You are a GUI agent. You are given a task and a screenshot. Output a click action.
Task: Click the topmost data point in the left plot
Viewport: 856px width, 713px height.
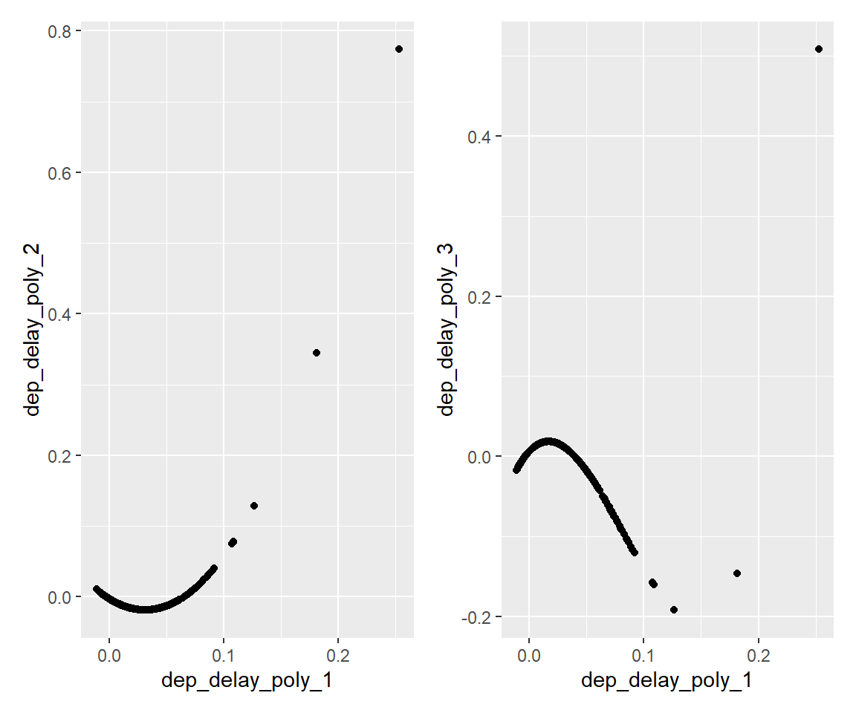point(399,49)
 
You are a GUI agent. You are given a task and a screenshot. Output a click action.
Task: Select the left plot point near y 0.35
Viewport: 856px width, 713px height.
point(317,353)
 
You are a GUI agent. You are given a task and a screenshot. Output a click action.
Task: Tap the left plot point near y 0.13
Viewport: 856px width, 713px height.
point(254,506)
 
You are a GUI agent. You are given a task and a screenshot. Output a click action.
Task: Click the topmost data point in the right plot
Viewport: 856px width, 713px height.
point(819,49)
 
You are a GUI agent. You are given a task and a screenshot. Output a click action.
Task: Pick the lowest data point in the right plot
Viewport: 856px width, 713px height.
point(674,610)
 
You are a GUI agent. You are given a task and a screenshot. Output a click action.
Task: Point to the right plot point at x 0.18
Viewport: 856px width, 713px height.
point(737,573)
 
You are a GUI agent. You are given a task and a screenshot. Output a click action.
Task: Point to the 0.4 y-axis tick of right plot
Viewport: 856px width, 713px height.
point(481,137)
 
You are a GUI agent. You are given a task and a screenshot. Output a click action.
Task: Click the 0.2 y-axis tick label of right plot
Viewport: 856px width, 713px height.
point(481,296)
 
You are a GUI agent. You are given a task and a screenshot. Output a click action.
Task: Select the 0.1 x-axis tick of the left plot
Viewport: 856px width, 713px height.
point(224,657)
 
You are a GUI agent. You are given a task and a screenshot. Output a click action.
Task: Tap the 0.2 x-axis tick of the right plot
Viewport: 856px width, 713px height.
point(758,657)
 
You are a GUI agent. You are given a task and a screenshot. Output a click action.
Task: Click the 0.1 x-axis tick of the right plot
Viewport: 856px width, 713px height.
point(643,657)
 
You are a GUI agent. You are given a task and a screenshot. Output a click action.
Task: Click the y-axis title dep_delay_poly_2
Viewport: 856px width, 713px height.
point(33,330)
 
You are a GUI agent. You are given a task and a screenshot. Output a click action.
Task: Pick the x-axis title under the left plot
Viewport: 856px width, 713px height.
point(247,682)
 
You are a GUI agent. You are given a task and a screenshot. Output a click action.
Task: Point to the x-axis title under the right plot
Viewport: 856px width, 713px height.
point(667,682)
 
